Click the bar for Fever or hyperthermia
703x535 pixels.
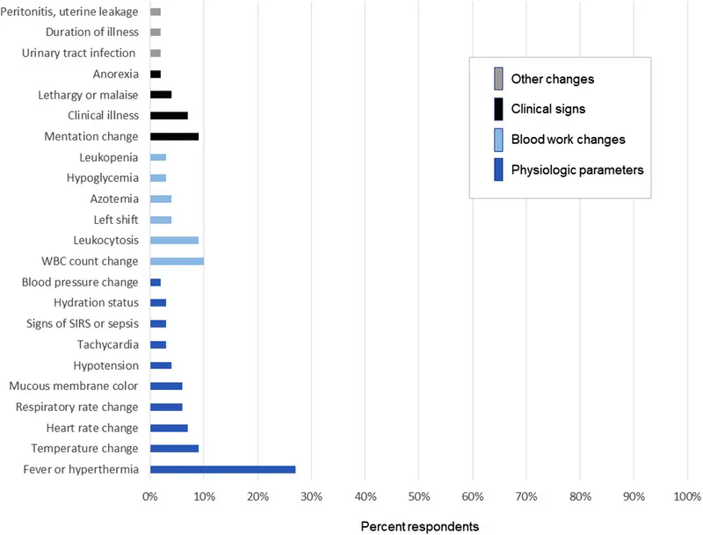coord(222,469)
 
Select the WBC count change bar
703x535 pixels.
coord(177,261)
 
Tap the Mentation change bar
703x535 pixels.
coord(174,136)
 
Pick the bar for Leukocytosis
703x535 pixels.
coord(174,240)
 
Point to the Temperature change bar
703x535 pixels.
coord(174,448)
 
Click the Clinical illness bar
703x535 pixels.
coord(169,115)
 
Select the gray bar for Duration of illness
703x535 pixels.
coord(156,32)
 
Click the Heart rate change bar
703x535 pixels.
coord(169,428)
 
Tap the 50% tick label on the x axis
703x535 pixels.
coord(418,497)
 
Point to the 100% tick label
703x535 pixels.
coord(686,497)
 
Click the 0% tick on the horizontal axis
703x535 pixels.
coord(150,497)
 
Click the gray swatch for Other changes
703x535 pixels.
coord(498,79)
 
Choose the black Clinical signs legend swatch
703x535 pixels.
coord(498,109)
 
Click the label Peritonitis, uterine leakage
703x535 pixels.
coord(70,11)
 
